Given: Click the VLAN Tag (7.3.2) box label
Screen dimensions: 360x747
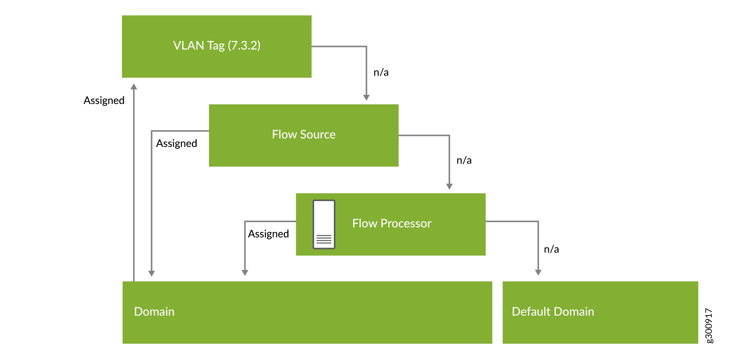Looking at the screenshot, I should (217, 46).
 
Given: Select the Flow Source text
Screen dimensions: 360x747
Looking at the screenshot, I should (304, 134).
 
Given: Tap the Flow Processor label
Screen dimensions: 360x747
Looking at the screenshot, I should (391, 223).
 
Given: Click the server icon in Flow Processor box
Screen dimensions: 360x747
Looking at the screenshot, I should (324, 224).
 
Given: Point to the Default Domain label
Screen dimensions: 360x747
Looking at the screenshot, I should (553, 312).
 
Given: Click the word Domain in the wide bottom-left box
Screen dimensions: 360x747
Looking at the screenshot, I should (154, 312).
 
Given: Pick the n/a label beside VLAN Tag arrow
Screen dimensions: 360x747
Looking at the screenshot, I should (381, 73).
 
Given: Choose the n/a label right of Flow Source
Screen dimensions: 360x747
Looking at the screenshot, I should (464, 160).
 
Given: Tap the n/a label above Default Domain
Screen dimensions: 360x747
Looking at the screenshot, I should (551, 249).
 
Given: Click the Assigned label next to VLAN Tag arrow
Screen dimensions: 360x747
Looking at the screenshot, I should (104, 101).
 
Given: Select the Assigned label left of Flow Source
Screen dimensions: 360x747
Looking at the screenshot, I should (176, 143).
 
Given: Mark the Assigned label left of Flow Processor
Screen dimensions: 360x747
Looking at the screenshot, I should (268, 234).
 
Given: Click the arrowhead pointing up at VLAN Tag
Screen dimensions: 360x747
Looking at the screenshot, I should (134, 86).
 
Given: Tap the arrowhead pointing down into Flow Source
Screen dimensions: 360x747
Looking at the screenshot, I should (366, 97).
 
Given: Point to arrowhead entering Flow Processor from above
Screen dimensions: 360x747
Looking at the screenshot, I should (449, 186).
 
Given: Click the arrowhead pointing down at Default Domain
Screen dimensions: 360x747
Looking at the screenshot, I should (538, 272).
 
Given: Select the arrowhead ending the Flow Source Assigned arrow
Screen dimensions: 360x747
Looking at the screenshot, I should (151, 274).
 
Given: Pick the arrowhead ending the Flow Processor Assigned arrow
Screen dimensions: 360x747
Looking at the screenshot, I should (245, 273).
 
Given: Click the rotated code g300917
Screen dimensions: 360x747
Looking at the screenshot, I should (709, 325).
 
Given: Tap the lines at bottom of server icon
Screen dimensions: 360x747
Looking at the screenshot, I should (324, 239).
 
